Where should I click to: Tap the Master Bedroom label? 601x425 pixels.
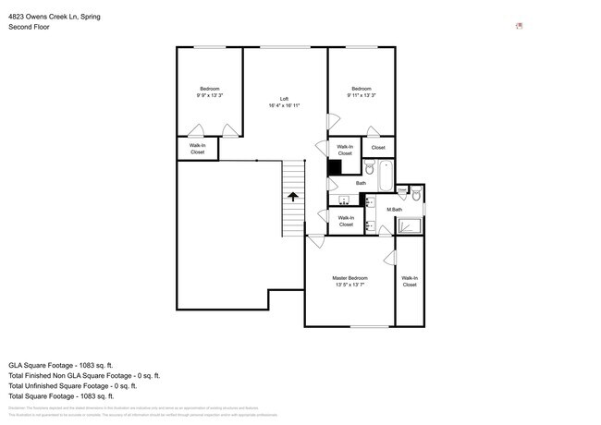click(350, 281)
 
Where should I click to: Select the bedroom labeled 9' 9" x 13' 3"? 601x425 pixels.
click(209, 91)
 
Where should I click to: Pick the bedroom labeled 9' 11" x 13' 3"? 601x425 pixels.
click(362, 91)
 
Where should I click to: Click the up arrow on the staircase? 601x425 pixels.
click(293, 196)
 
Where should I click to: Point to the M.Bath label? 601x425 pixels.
click(395, 210)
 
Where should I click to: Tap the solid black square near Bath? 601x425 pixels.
click(335, 167)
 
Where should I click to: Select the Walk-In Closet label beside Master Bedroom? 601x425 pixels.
click(409, 281)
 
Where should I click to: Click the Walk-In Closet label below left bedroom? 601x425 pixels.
click(197, 148)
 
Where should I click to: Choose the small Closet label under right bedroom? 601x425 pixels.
click(378, 148)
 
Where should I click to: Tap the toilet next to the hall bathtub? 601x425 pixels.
click(367, 169)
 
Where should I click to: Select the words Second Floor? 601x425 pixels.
click(29, 27)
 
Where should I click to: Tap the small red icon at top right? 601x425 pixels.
click(519, 26)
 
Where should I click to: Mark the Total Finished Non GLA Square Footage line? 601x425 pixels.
click(84, 375)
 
